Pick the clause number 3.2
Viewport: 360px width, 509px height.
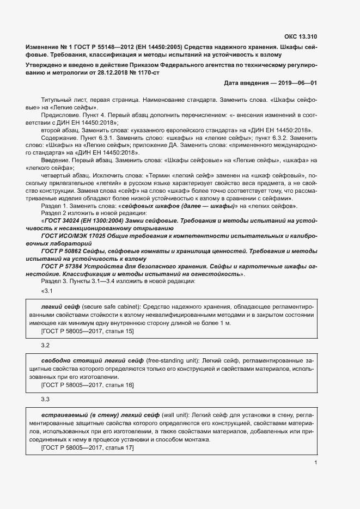point(45,346)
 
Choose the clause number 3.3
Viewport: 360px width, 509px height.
point(45,400)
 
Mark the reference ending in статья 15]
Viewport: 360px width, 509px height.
point(87,331)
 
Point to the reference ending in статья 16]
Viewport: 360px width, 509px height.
point(87,385)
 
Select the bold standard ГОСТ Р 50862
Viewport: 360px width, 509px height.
point(65,252)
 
